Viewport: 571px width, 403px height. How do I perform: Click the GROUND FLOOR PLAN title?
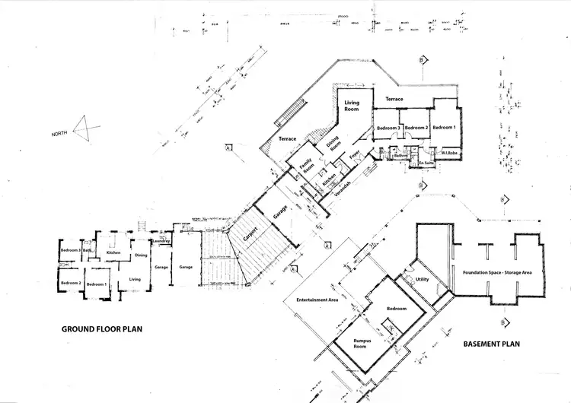click(x=102, y=329)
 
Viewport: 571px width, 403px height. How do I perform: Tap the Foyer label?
click(x=354, y=157)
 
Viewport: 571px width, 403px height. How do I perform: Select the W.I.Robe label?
click(x=448, y=152)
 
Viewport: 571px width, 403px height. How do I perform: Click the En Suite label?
click(x=426, y=163)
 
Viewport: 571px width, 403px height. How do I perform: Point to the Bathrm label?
click(x=391, y=155)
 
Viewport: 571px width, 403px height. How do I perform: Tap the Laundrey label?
click(x=160, y=241)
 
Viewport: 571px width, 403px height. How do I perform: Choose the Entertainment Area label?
click(x=317, y=300)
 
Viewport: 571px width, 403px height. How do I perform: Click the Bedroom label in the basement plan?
click(x=397, y=309)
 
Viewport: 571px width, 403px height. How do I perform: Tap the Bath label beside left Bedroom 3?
click(x=88, y=249)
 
